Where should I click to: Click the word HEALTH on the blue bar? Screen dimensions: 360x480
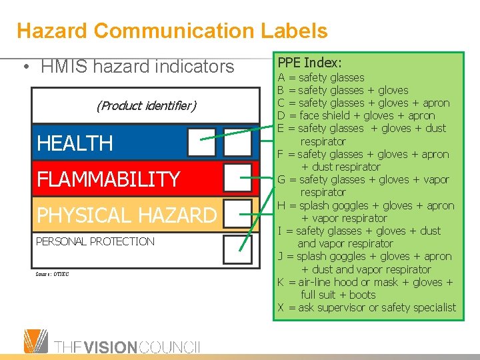pyautogui.click(x=75, y=143)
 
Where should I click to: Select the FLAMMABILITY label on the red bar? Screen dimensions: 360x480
pyautogui.click(x=109, y=179)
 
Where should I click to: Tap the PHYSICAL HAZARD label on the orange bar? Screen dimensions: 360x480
pyautogui.click(x=127, y=215)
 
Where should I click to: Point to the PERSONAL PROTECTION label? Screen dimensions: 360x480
pyautogui.click(x=95, y=241)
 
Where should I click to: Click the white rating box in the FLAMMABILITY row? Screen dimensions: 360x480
pyautogui.click(x=237, y=178)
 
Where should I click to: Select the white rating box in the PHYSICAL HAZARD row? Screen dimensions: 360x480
pyautogui.click(x=237, y=214)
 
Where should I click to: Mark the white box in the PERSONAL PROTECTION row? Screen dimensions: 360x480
pyautogui.click(x=237, y=249)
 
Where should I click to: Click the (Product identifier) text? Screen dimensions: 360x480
pyautogui.click(x=146, y=106)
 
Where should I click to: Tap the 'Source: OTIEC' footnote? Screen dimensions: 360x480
pyautogui.click(x=52, y=274)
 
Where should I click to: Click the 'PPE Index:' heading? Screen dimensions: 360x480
pyautogui.click(x=309, y=63)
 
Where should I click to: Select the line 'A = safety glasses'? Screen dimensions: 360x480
pyautogui.click(x=321, y=78)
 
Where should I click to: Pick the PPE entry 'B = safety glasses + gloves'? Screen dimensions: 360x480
pyautogui.click(x=343, y=91)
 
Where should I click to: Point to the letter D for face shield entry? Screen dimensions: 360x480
pyautogui.click(x=281, y=116)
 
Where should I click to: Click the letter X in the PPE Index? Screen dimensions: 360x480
pyautogui.click(x=281, y=308)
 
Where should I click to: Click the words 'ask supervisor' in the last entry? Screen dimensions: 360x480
pyautogui.click(x=332, y=308)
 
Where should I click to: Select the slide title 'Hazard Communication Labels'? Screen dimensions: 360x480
pyautogui.click(x=172, y=31)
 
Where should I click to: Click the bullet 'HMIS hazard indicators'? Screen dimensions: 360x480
pyautogui.click(x=137, y=67)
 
